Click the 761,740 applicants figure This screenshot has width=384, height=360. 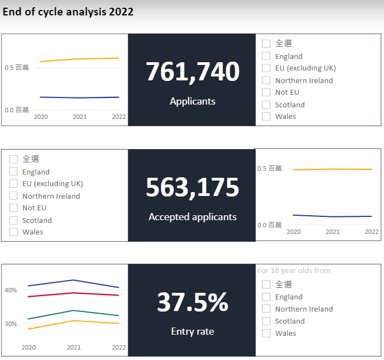(x=192, y=72)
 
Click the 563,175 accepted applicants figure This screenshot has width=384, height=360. (x=192, y=188)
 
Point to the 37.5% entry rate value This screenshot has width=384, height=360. (x=192, y=302)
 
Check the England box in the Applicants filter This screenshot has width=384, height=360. (x=267, y=56)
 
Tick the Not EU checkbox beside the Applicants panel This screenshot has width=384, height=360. (x=267, y=92)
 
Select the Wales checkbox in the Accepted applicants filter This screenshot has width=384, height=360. (x=14, y=232)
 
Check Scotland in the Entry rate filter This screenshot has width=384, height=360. (x=267, y=321)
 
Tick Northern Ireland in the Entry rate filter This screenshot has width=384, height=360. (x=267, y=309)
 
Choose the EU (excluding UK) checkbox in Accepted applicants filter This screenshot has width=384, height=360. (x=14, y=184)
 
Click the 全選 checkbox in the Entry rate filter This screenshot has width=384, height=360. (x=267, y=285)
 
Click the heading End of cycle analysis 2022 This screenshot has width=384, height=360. (x=68, y=12)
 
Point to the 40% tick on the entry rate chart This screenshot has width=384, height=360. (x=11, y=290)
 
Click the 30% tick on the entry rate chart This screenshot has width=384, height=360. (x=11, y=324)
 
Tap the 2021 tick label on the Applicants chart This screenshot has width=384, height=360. (x=80, y=117)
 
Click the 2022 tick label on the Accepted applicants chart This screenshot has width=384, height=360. (x=372, y=232)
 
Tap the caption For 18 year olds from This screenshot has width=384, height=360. (x=294, y=271)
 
